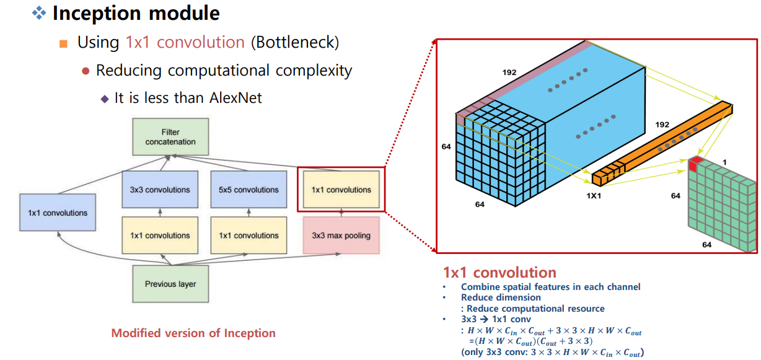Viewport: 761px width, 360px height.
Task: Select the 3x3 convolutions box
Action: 160,190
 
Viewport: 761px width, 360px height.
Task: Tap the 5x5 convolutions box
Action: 248,190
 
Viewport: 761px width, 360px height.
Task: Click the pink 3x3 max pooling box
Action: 341,235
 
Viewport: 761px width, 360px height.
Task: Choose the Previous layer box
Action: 170,284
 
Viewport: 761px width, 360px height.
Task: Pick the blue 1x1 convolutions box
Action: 58,213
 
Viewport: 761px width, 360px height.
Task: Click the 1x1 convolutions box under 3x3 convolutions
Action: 160,235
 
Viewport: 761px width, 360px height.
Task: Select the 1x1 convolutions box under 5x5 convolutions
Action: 248,235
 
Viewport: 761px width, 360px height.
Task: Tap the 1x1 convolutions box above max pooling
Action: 341,190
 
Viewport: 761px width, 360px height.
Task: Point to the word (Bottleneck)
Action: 295,43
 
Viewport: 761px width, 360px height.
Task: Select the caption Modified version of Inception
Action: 193,333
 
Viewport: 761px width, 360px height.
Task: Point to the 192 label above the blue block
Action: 509,72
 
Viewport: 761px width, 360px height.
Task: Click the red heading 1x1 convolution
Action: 499,273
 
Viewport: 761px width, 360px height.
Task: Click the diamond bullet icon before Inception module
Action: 39,13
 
